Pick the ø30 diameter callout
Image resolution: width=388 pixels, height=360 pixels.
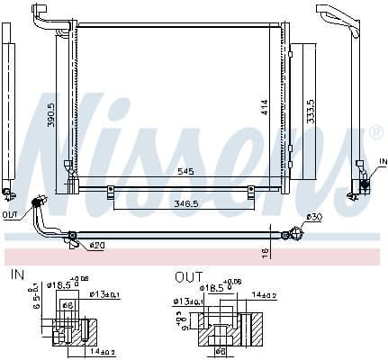point(315,216)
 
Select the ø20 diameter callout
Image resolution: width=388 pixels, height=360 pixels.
point(96,245)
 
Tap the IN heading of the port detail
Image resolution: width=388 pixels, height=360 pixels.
point(16,274)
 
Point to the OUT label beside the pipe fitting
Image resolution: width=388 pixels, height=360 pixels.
point(10,215)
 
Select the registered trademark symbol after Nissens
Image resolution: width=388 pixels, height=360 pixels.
point(376,133)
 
